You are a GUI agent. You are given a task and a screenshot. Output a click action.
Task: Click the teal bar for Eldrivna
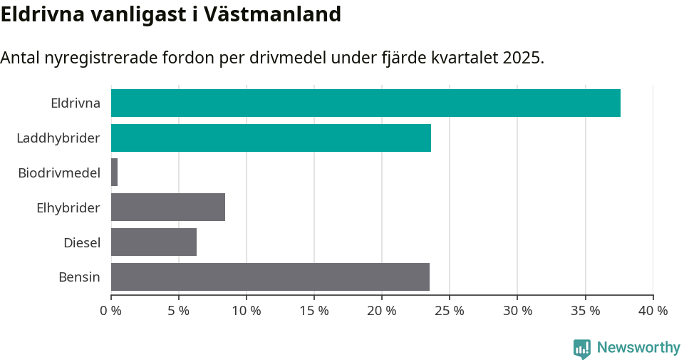[366, 103]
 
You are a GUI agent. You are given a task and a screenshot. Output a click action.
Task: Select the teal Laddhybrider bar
[271, 138]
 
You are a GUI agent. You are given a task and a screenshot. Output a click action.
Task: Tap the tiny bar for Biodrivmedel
[114, 173]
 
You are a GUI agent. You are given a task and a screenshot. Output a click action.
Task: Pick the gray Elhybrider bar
[168, 207]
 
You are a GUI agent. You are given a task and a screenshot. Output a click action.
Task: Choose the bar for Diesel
[154, 242]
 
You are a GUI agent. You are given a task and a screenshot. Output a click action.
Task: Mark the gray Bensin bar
[270, 277]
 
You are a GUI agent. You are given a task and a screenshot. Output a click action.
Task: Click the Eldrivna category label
[75, 103]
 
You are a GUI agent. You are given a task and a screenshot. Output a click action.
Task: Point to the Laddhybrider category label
[58, 138]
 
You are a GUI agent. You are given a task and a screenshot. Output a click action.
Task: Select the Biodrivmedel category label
[59, 173]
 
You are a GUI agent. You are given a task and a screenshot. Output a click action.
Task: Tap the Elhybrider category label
[68, 207]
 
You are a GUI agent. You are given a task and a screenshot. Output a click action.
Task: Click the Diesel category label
[82, 242]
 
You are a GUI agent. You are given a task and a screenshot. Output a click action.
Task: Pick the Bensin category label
[79, 277]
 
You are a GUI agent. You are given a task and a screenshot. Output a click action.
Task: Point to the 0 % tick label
[111, 311]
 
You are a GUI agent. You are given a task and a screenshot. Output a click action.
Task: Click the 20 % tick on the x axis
[382, 311]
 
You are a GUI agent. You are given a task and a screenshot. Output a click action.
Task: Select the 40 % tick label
[653, 311]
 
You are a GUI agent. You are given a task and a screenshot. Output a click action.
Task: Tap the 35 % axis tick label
[585, 311]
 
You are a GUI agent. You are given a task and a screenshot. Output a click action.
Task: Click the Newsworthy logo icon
[582, 348]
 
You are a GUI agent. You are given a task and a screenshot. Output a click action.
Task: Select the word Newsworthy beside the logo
[638, 348]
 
